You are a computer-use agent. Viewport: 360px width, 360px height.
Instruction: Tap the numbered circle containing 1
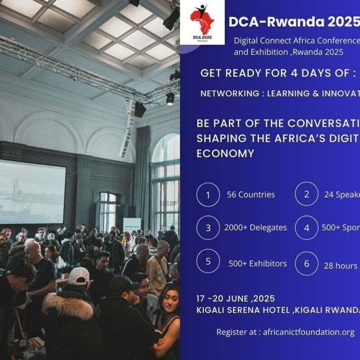(208, 195)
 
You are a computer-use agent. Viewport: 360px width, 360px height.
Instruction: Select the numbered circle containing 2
(306, 194)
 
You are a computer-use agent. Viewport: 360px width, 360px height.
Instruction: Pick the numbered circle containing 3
(208, 228)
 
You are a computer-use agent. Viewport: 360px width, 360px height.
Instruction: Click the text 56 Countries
(251, 195)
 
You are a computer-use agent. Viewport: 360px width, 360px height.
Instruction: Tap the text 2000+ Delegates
(255, 228)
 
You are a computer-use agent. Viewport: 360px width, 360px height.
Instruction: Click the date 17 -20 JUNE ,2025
(235, 299)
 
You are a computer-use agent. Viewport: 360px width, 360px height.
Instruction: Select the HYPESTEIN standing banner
(131, 225)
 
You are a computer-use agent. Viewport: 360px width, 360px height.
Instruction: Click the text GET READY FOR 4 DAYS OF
(274, 73)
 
